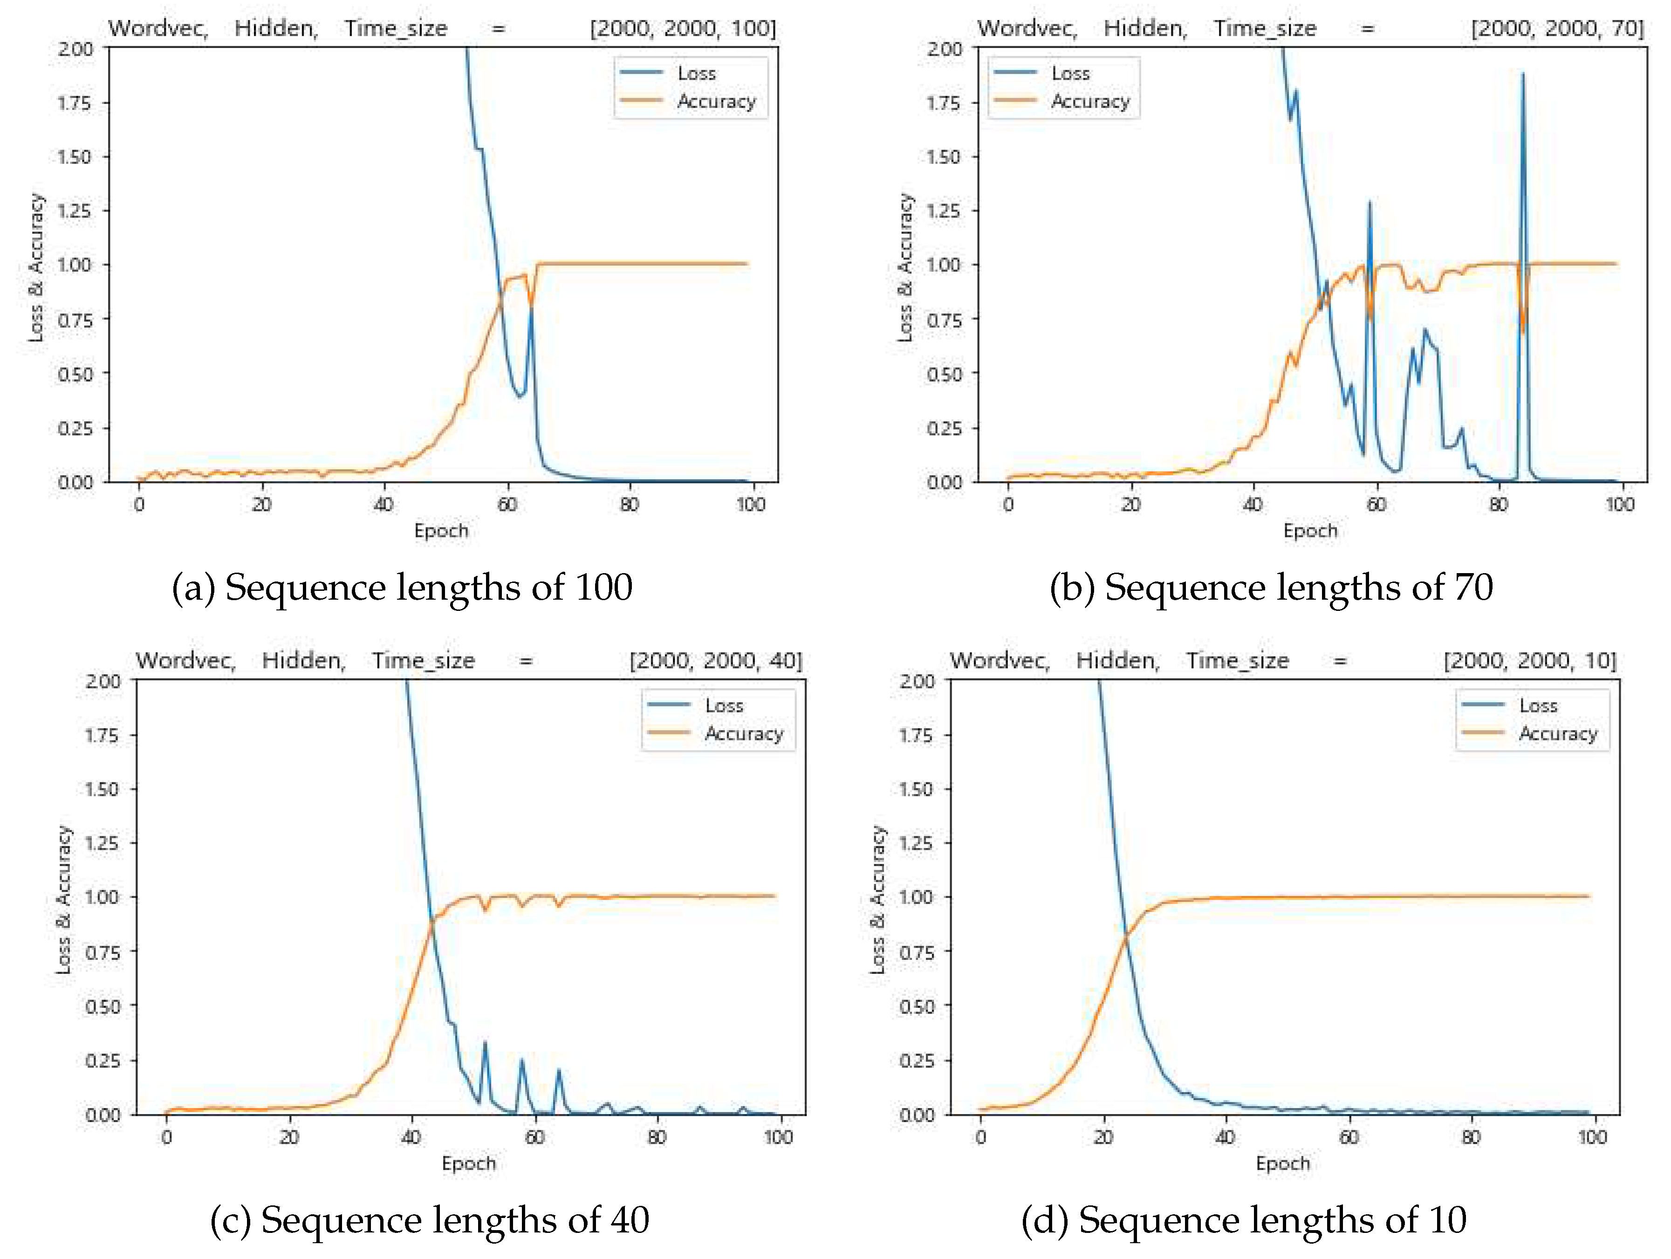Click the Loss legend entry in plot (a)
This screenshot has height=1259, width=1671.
point(695,73)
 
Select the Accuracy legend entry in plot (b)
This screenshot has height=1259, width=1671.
point(1089,101)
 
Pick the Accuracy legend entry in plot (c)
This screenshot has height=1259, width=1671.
point(743,733)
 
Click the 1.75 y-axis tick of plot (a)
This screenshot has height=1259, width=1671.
point(74,103)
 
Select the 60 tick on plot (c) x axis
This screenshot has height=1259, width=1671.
point(534,1136)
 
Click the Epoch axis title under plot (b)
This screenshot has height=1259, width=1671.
point(1310,531)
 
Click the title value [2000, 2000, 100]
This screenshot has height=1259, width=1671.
point(682,29)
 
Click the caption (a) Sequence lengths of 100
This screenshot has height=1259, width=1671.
point(402,588)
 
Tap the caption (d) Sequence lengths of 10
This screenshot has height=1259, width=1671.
point(1243,1220)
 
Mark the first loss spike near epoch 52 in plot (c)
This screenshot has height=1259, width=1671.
point(484,1044)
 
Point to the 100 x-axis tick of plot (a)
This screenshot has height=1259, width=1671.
point(751,505)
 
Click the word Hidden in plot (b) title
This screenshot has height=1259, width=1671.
point(1144,29)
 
